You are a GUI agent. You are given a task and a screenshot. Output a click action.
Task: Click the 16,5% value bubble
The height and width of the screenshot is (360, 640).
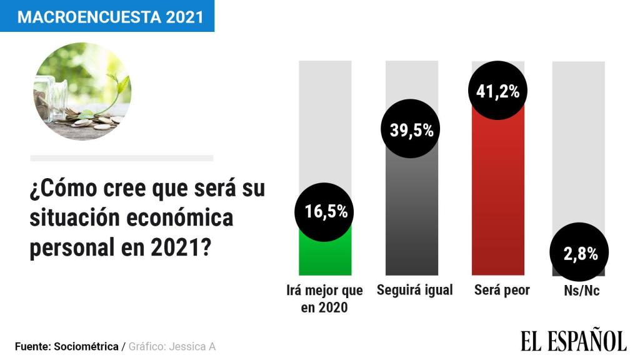pyautogui.click(x=325, y=211)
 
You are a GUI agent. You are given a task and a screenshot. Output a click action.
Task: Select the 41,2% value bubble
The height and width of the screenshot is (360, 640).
pyautogui.click(x=498, y=91)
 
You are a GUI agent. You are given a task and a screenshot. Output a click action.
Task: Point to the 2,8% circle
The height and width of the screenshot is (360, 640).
pyautogui.click(x=578, y=254)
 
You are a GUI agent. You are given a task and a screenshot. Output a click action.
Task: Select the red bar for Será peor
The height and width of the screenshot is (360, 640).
pyautogui.click(x=498, y=200)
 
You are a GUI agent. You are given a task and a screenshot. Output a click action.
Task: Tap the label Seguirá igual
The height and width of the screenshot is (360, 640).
pyautogui.click(x=414, y=291)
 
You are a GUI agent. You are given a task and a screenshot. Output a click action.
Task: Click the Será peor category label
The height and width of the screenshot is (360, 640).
pyautogui.click(x=502, y=291)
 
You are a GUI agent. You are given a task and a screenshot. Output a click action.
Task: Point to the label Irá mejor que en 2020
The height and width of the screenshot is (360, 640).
pyautogui.click(x=324, y=299)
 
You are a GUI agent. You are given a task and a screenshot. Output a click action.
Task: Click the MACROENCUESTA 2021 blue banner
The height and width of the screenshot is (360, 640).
pyautogui.click(x=107, y=16)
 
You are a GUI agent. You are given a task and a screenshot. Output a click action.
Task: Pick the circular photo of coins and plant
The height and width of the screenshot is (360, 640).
pyautogui.click(x=82, y=91)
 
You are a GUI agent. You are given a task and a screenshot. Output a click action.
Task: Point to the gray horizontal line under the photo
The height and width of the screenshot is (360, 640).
pyautogui.click(x=121, y=158)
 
